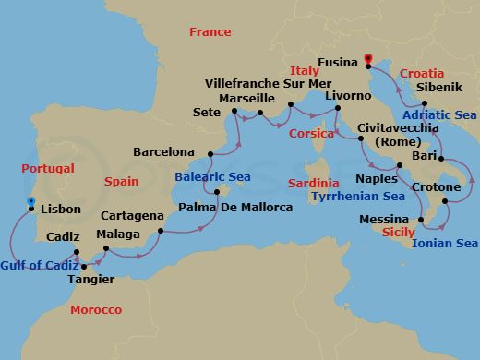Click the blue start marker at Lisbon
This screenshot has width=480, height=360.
(x=30, y=200)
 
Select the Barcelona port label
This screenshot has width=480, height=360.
(x=164, y=151)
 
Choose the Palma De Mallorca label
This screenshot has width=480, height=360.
(x=234, y=207)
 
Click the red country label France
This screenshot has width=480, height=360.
(x=210, y=32)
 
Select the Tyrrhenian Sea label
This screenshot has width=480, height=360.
(x=358, y=197)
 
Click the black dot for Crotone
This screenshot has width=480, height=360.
(x=445, y=201)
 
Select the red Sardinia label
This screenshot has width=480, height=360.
(x=313, y=183)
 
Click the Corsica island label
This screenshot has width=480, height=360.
(x=312, y=133)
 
